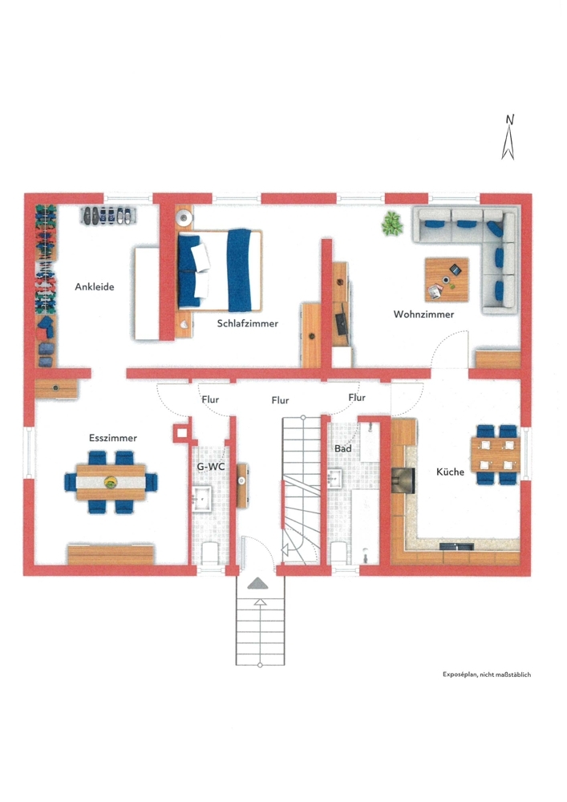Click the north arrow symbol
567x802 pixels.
pyautogui.click(x=508, y=138)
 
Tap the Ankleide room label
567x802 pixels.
pyautogui.click(x=95, y=286)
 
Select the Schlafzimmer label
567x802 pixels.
pyautogui.click(x=248, y=324)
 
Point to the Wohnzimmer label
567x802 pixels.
pyautogui.click(x=423, y=314)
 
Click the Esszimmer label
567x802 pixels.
pyautogui.click(x=112, y=438)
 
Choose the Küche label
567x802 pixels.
pyautogui.click(x=450, y=472)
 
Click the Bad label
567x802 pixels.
pyautogui.click(x=342, y=448)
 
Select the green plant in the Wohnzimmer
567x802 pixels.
pyautogui.click(x=391, y=223)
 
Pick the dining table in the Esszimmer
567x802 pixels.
pyautogui.click(x=111, y=481)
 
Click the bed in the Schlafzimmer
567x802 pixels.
pyautogui.click(x=221, y=269)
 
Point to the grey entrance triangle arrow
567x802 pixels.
pyautogui.click(x=258, y=583)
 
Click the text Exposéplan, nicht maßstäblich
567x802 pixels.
pyautogui.click(x=487, y=674)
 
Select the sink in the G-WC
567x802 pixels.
pyautogui.click(x=201, y=498)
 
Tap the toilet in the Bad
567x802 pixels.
pyautogui.click(x=341, y=553)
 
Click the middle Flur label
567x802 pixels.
pyautogui.click(x=281, y=399)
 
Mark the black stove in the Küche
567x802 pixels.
pyautogui.click(x=400, y=479)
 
